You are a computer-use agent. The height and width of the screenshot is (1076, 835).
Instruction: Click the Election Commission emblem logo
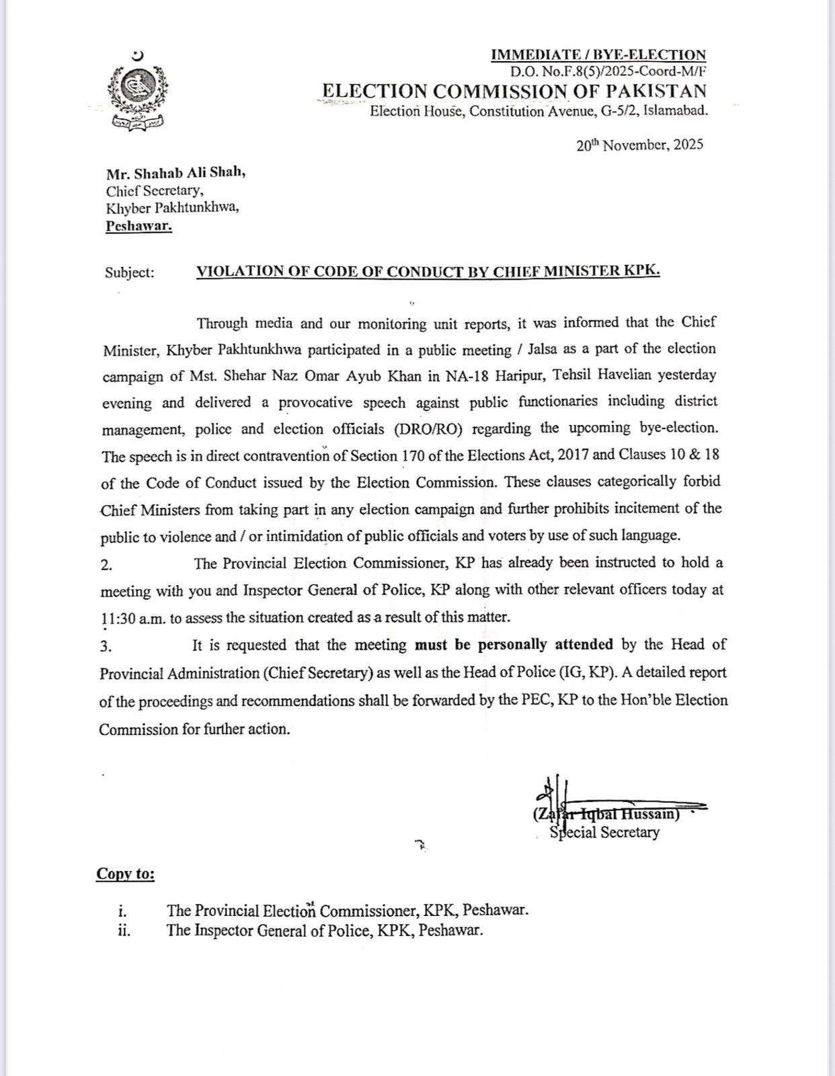point(138,91)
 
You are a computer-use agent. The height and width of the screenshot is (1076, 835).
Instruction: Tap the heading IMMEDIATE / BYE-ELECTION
point(598,55)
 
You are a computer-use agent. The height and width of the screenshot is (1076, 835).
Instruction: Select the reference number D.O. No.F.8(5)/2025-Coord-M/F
point(608,71)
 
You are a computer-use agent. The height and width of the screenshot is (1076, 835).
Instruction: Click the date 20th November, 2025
point(639,145)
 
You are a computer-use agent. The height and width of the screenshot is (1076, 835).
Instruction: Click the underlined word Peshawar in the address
point(139,226)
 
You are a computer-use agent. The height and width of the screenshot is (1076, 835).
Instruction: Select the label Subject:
point(130,272)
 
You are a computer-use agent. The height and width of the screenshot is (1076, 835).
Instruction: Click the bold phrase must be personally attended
point(514,645)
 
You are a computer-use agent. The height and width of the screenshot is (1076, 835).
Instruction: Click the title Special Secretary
point(604,833)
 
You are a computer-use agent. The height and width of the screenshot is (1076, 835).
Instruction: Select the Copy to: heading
point(125,874)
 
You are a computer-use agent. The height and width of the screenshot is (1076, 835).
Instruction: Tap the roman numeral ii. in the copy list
point(123,931)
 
